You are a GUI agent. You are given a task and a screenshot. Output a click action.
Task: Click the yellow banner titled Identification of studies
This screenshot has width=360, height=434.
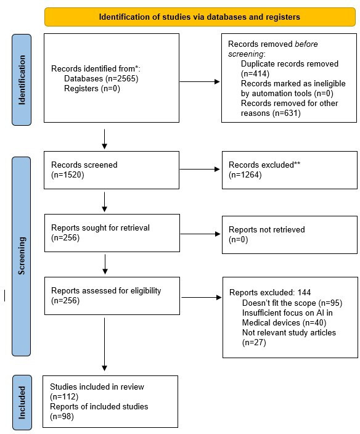tap(200, 17)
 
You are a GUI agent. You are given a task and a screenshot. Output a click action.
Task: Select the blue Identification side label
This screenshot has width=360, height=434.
tap(22, 80)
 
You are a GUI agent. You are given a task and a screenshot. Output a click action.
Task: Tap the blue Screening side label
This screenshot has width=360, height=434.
tap(22, 256)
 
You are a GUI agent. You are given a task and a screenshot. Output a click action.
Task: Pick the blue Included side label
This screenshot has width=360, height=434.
tap(22, 402)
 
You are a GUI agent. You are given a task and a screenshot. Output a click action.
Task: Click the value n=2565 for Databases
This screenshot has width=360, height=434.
tap(122, 79)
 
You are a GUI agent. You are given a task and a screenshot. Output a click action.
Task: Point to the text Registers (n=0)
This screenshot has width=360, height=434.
tap(92, 89)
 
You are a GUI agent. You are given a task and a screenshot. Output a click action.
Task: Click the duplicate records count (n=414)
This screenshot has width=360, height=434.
tap(255, 73)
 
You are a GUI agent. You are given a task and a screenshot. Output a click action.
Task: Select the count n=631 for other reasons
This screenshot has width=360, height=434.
tap(287, 113)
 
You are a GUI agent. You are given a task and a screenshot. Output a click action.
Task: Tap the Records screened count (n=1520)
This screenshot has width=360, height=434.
tap(68, 175)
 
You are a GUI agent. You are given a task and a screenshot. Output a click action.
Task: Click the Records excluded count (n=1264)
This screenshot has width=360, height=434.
tap(245, 175)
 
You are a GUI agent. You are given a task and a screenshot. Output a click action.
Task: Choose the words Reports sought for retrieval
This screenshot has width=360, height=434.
tap(100, 228)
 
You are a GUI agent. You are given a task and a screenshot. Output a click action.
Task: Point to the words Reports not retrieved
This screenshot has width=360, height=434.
tap(267, 229)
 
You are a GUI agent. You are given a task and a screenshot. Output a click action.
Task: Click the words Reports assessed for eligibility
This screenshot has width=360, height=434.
tap(106, 290)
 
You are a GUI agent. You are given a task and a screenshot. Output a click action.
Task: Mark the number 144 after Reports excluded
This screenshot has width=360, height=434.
tap(304, 293)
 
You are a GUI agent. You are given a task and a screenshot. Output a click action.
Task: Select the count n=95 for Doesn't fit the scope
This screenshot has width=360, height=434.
tap(330, 303)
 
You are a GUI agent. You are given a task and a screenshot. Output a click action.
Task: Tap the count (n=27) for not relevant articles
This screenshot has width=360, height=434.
tap(254, 343)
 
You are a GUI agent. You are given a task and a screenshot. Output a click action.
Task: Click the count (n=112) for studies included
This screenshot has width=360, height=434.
tap(64, 396)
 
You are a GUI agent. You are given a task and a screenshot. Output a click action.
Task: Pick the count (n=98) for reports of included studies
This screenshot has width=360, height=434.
tap(62, 417)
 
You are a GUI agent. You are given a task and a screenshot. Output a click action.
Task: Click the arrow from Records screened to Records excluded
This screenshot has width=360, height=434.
tap(200, 170)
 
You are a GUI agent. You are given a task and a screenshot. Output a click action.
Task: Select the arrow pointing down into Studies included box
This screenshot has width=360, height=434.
tap(104, 345)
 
